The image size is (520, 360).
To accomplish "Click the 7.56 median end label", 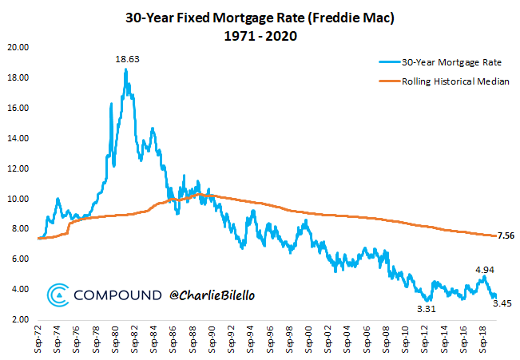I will (507, 235).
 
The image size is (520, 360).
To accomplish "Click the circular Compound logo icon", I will (58, 295).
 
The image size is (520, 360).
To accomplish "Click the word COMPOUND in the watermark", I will (117, 295).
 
